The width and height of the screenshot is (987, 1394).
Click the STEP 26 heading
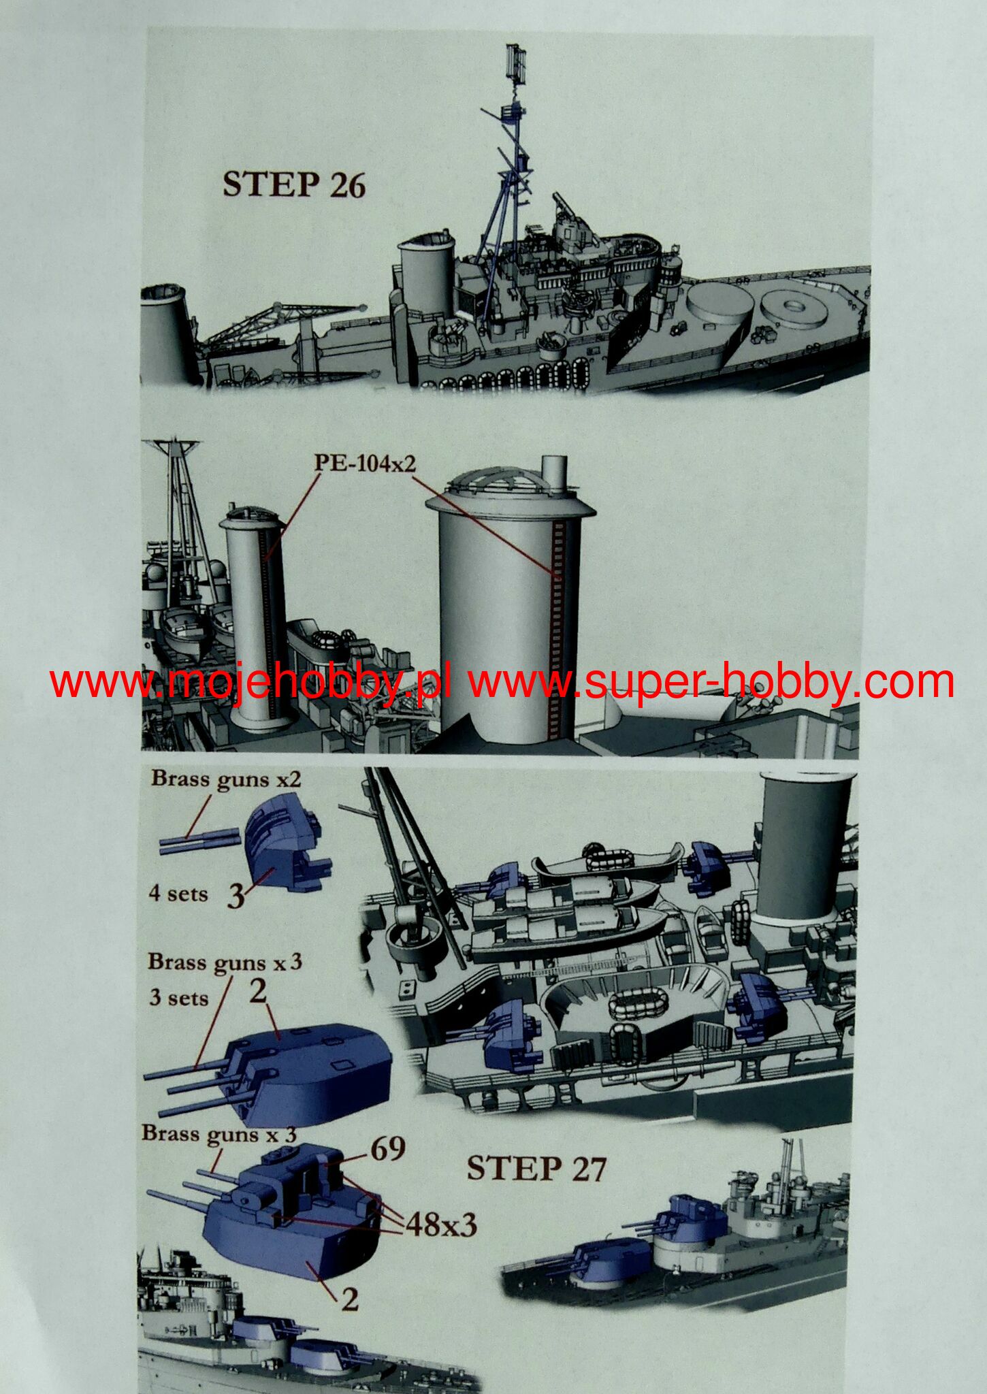click(294, 184)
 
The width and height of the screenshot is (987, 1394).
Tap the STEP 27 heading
click(536, 1169)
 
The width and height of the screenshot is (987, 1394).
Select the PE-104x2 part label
click(364, 464)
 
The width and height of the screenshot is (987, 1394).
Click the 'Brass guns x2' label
click(226, 779)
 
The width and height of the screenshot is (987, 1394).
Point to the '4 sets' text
click(178, 893)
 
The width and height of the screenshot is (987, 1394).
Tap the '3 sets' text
click(179, 998)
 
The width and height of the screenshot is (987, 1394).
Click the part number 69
click(387, 1149)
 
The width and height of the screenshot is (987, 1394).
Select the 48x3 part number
click(441, 1225)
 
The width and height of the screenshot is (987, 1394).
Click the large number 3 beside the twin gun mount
click(235, 897)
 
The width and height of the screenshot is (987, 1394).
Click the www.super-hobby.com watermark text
click(711, 683)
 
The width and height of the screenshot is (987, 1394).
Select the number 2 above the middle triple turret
click(258, 992)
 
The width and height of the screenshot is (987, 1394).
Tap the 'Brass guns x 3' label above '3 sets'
click(225, 962)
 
